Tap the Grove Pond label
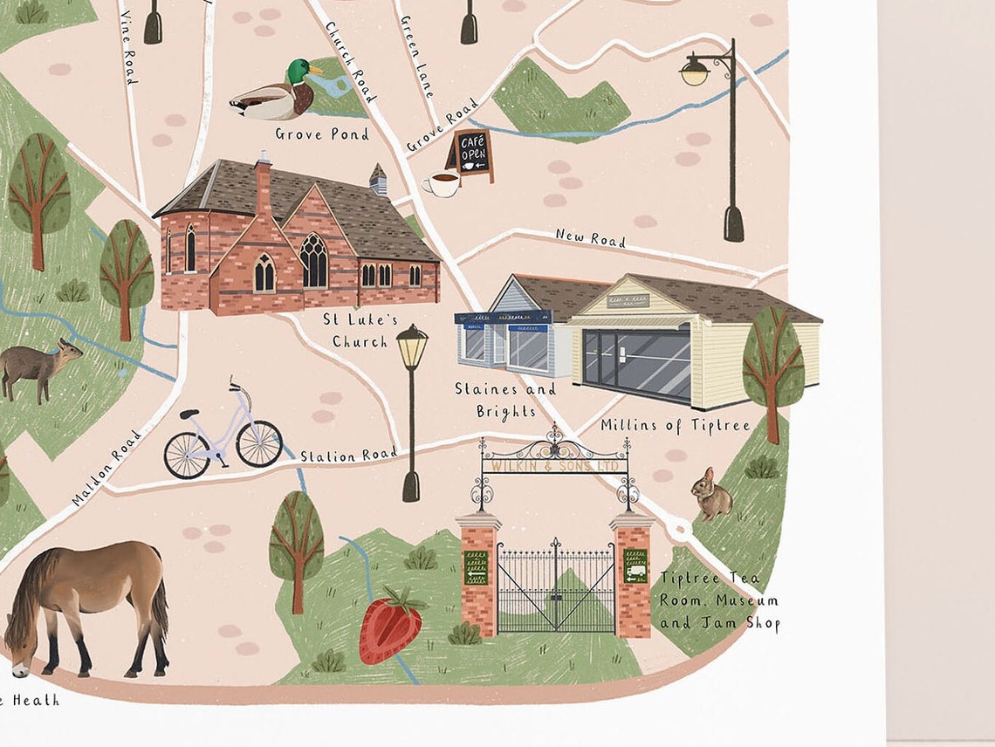pos(322,134)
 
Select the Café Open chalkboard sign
pos(470,154)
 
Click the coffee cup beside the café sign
pos(442,184)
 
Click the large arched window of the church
pos(313,261)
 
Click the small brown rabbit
pos(710,494)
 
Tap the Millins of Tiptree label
pos(675,425)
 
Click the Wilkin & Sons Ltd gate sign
pos(555,467)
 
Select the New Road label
pos(591,237)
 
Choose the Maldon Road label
pos(107,467)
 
